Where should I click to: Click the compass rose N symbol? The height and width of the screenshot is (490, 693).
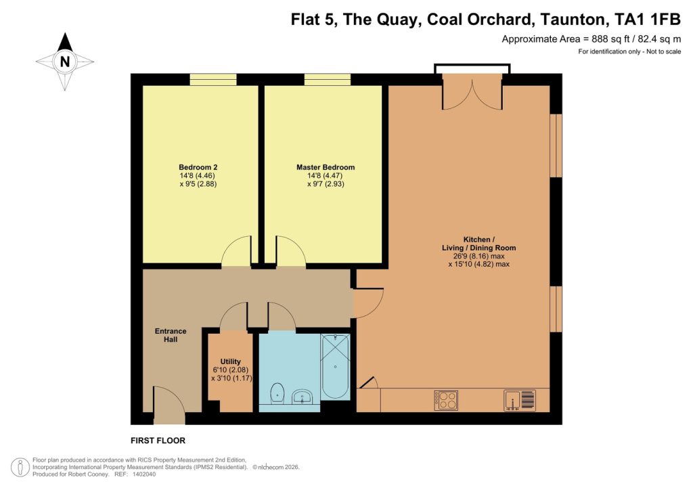pos(65,62)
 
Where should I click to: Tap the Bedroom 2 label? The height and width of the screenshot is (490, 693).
pos(198,167)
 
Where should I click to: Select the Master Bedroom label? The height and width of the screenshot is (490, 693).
pos(325,167)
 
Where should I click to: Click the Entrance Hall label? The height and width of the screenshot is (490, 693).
pos(170,335)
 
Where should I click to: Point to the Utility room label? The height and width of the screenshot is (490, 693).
pos(230,362)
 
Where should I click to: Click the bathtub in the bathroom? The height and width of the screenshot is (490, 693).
pos(335,367)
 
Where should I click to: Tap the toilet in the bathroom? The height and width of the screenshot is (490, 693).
pos(277,393)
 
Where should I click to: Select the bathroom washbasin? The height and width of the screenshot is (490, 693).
pos(303,397)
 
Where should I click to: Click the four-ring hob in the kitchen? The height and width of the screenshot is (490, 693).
pos(446,401)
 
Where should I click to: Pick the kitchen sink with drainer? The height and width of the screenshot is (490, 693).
pos(520,401)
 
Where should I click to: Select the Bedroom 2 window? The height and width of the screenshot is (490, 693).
pos(213,80)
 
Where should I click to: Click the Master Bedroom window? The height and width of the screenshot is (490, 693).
pos(328,80)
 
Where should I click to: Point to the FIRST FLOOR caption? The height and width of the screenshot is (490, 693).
pos(158,440)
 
